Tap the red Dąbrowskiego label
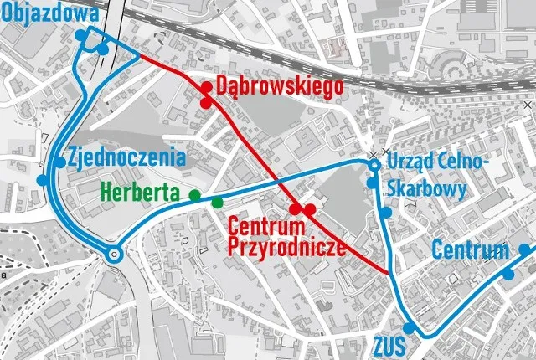[x=275, y=85]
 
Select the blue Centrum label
[x=470, y=250]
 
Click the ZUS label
[x=390, y=346]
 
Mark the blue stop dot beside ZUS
[x=408, y=328]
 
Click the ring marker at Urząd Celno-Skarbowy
[x=374, y=163]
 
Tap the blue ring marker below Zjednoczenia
[x=114, y=255]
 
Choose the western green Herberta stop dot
[x=195, y=195]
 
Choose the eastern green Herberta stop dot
[x=218, y=202]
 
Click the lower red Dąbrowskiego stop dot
[x=205, y=102]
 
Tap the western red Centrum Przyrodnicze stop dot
[x=295, y=209]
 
